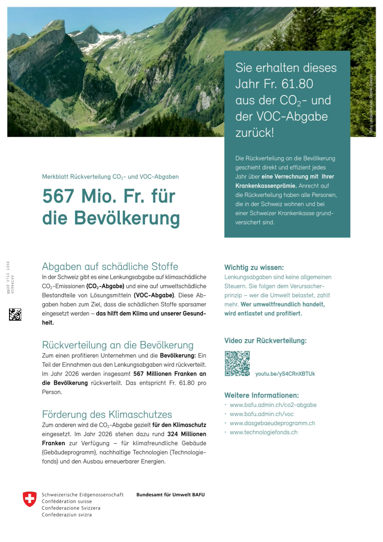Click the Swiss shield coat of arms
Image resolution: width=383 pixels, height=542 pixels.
[29, 499]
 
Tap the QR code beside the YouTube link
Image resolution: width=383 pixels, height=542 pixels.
[237, 364]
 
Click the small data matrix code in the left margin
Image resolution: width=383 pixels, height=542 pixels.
[15, 314]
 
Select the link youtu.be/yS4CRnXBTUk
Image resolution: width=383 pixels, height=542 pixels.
[285, 374]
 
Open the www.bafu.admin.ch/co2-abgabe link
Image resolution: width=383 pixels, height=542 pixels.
[273, 405]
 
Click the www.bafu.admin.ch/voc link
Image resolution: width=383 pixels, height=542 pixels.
[262, 414]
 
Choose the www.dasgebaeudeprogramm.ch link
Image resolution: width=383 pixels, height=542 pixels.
[272, 423]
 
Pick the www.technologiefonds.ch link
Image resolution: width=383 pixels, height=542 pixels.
[264, 432]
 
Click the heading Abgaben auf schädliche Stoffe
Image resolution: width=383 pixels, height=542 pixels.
[110, 266]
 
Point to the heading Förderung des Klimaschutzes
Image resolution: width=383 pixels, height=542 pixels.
[107, 415]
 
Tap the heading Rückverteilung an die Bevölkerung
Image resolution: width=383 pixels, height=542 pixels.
[117, 345]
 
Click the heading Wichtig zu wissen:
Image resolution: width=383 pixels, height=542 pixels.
[254, 268]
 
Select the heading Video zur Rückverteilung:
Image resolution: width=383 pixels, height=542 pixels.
[265, 341]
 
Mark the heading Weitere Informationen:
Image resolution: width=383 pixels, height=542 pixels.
[261, 395]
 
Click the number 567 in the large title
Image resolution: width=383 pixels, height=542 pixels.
[58, 196]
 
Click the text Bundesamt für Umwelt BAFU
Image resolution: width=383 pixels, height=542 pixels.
[170, 495]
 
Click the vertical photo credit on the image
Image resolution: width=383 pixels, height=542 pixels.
[370, 104]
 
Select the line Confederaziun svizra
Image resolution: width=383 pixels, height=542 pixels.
[66, 515]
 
